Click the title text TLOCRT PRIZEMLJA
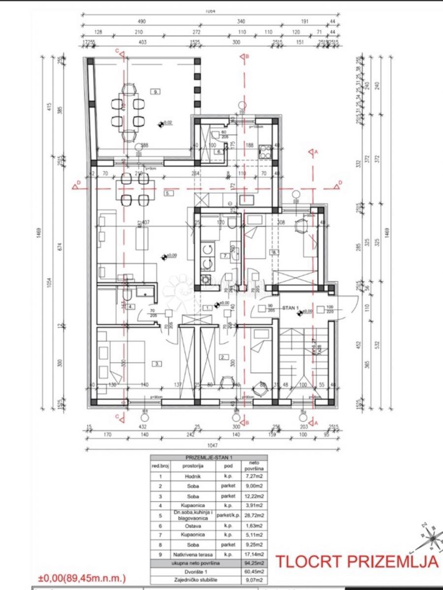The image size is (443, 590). point(356,561)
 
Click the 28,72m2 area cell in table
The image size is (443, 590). point(255,515)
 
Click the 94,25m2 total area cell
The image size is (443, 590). point(255,563)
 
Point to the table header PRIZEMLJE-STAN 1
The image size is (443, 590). point(209,457)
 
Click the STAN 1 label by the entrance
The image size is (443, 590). point(291,307)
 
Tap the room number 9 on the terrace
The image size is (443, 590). point(156,91)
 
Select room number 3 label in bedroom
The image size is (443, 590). point(157,364)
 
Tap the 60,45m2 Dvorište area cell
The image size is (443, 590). point(255,573)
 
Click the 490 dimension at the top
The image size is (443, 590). point(143,22)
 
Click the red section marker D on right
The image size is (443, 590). point(339,185)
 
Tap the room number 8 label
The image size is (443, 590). point(274,252)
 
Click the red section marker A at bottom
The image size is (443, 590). point(316,422)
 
